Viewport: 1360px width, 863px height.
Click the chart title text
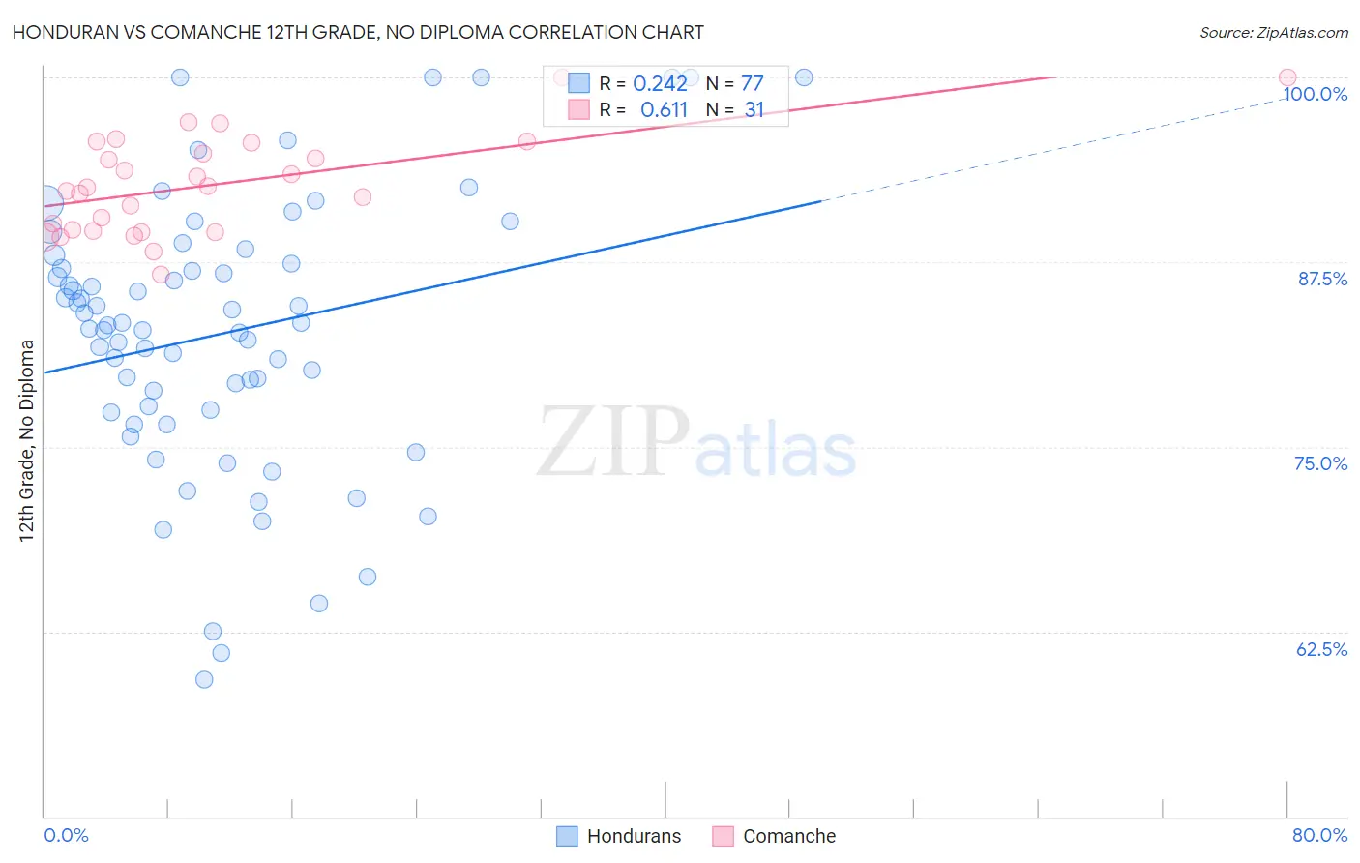[x=358, y=32]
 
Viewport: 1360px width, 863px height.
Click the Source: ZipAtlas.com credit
[x=1273, y=33]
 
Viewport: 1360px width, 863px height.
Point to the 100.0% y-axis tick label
[x=1315, y=94]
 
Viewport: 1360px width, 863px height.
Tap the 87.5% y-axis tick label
[x=1322, y=279]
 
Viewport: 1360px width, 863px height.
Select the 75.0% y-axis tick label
[x=1320, y=463]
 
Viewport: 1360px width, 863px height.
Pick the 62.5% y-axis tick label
[x=1321, y=649]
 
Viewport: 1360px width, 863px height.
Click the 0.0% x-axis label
[x=66, y=835]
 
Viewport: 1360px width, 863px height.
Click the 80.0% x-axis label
[x=1319, y=835]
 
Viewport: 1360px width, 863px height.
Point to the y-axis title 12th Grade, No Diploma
[x=27, y=440]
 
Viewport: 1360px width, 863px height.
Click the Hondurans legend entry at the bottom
[x=619, y=836]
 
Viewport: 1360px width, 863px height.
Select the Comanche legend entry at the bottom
[x=774, y=836]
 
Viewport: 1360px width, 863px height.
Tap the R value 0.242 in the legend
[x=660, y=84]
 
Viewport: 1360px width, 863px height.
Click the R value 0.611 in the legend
[x=664, y=110]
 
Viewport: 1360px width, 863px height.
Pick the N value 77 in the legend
[x=753, y=84]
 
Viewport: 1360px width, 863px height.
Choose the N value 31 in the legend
[x=754, y=110]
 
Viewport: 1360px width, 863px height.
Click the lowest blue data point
[x=204, y=679]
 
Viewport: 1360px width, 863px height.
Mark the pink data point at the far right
[x=1287, y=77]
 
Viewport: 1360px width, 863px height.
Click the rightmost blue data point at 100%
[x=804, y=77]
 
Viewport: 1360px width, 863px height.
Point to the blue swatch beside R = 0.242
[x=578, y=84]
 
